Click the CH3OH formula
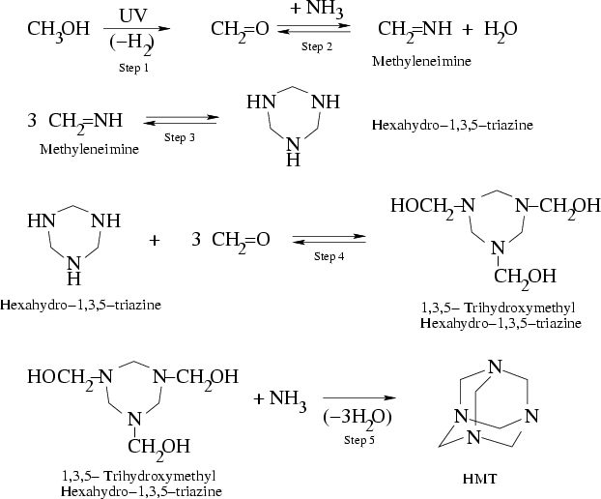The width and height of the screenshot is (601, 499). [58, 30]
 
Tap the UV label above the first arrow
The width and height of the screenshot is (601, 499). [132, 15]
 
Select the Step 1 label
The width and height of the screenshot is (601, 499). [133, 68]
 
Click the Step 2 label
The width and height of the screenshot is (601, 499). [317, 46]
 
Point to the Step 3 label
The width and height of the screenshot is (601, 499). [180, 137]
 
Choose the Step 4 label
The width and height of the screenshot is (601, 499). [329, 256]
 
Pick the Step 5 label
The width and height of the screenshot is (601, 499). [358, 440]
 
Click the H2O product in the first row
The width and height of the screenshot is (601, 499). [501, 30]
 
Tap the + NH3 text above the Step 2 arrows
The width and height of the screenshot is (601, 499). [317, 10]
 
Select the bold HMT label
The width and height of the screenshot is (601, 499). [479, 479]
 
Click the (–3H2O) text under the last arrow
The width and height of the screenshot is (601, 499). [358, 418]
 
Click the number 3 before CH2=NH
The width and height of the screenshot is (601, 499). [32, 121]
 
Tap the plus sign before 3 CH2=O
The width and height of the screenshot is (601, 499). [154, 241]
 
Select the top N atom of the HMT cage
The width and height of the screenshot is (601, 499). [495, 367]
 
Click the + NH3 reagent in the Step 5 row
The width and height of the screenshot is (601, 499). [280, 400]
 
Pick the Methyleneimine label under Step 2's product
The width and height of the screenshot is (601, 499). [421, 61]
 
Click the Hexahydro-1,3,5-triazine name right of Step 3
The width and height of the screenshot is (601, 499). [452, 125]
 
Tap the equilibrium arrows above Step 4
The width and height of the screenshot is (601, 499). [329, 239]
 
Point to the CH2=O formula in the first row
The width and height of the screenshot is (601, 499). [240, 30]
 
